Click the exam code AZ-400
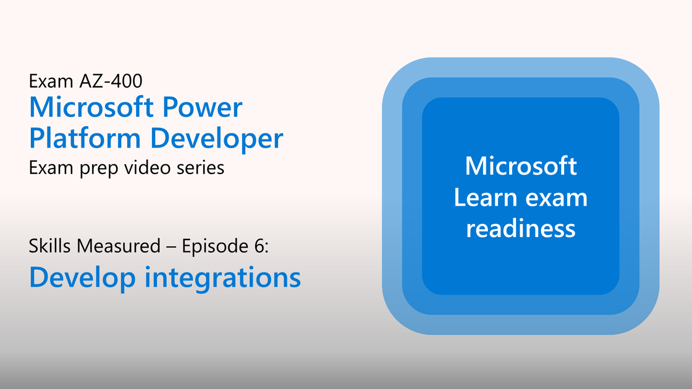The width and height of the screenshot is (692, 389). pos(111,81)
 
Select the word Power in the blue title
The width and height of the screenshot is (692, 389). pos(202,107)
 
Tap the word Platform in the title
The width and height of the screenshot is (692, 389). pos(85,138)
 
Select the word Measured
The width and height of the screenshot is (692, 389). pos(118,246)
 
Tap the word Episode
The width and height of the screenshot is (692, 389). pos(216,246)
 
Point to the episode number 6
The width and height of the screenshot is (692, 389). pos(259,246)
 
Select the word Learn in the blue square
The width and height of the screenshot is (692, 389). pos(485,198)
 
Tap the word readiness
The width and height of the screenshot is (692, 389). pos(521,229)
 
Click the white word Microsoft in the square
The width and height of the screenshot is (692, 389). pos(521,166)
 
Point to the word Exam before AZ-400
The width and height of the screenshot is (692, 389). pos(51,81)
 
